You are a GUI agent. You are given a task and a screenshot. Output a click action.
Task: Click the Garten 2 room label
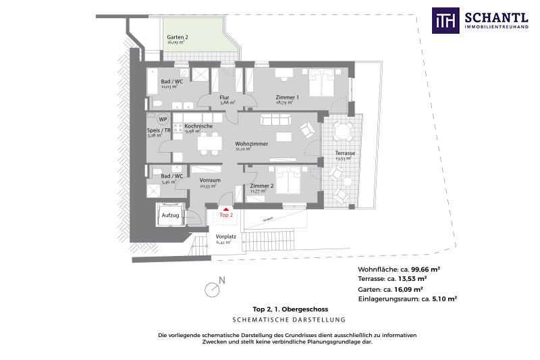(177, 36)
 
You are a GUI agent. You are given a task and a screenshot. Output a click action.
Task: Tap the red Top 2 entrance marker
(226, 211)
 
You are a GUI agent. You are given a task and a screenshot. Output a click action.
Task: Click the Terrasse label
(345, 153)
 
